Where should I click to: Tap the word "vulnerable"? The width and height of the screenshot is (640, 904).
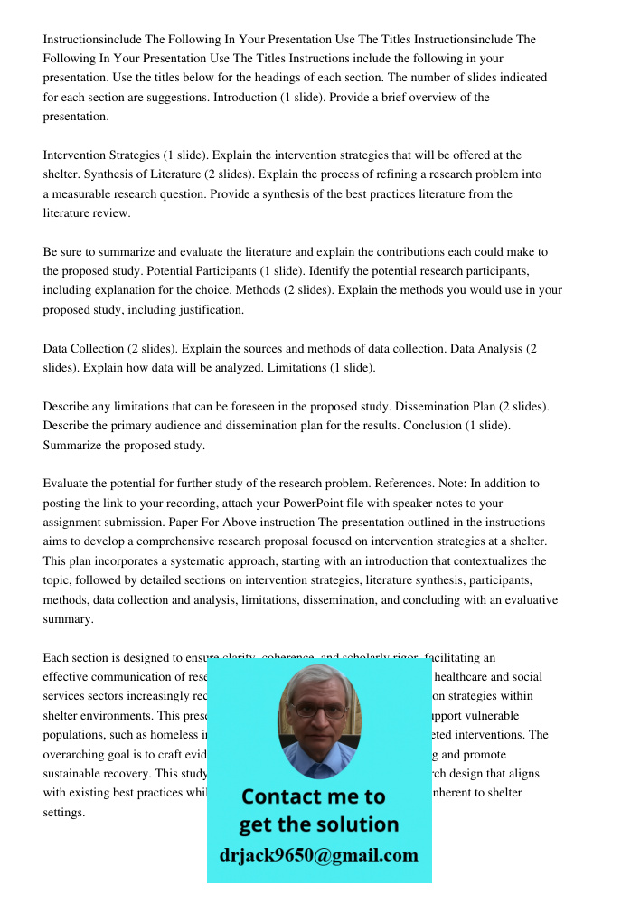(519, 715)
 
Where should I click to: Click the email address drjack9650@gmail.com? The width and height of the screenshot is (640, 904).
(319, 855)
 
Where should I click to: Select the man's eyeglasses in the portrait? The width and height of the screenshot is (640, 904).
(319, 711)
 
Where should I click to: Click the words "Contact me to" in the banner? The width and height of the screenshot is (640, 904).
(313, 796)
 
